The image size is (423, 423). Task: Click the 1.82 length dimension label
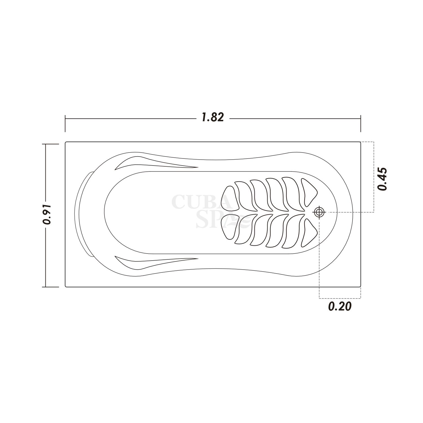coord(213,117)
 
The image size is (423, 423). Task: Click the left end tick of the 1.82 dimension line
coord(65,124)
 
